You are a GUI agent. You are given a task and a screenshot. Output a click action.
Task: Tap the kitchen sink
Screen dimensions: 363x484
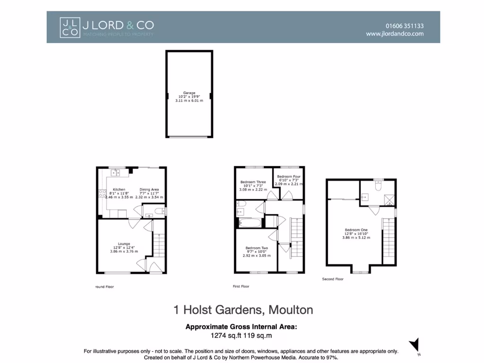coord(115,173)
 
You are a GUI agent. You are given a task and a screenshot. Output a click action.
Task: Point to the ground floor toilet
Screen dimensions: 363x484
coord(159,211)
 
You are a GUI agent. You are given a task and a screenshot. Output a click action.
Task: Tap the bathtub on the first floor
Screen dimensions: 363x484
coord(248,223)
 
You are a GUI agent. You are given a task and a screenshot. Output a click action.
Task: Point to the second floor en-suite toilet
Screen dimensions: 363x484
coord(378,186)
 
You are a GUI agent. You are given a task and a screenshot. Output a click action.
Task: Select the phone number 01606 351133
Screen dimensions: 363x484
coord(405,26)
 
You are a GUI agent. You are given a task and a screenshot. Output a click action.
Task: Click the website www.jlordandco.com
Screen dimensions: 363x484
coord(395,34)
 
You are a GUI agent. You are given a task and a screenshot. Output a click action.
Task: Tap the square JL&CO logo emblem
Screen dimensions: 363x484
coord(69,27)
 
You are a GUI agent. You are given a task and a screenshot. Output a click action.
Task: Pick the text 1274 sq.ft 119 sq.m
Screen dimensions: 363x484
coord(242,336)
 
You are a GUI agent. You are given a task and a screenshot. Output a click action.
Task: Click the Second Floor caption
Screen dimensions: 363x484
coord(333,279)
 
